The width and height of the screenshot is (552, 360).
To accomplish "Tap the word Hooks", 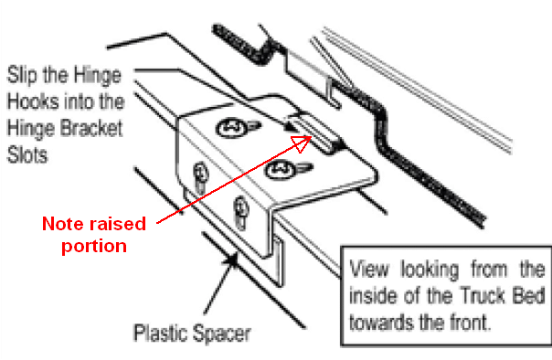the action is tap(32, 101).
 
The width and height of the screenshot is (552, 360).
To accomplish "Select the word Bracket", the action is tap(91, 128).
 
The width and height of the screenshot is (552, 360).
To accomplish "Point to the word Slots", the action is tap(27, 154).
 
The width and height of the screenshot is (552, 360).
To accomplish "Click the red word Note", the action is tap(61, 224).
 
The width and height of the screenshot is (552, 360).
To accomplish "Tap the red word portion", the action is tap(94, 247).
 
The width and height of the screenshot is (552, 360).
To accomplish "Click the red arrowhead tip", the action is tap(312, 136).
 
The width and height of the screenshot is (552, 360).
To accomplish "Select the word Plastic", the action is tap(160, 333).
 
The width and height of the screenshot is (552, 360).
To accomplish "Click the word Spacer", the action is tap(221, 334).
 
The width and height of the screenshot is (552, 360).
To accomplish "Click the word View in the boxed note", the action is tap(369, 270).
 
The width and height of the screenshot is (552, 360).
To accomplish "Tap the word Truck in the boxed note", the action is tap(483, 295).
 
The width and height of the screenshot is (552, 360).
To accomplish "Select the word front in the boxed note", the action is tap(471, 322).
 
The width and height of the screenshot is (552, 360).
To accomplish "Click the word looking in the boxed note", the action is tap(430, 270).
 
